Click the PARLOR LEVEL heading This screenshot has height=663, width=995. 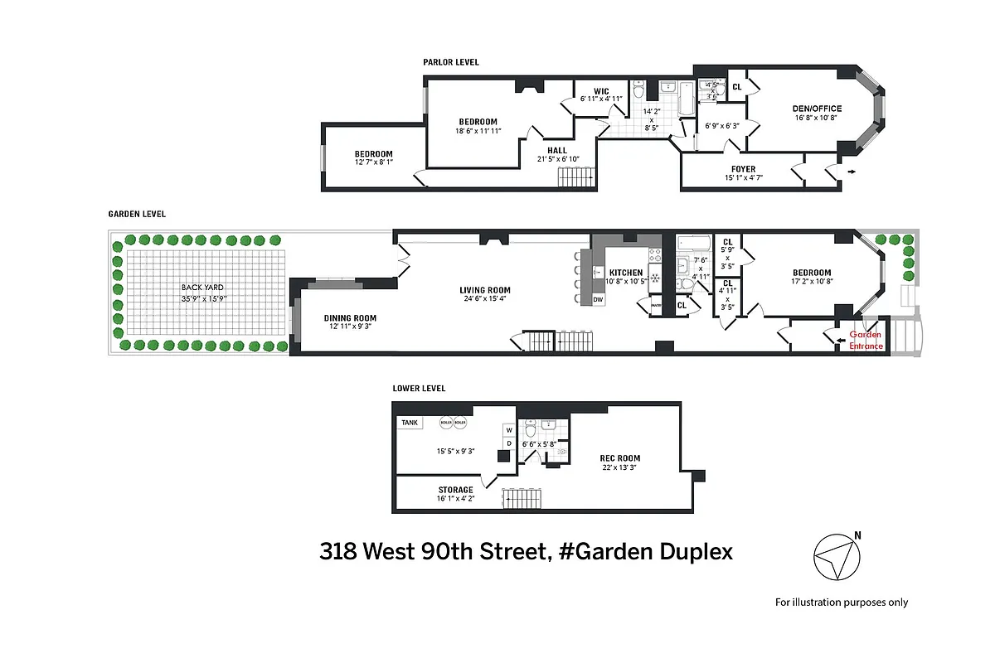click(450, 62)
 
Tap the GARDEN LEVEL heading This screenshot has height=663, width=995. click(137, 214)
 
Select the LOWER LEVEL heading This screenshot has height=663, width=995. click(419, 388)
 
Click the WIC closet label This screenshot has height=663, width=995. click(602, 90)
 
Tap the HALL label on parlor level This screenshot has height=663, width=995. click(557, 150)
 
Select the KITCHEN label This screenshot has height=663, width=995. click(626, 273)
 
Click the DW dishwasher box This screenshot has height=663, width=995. click(597, 299)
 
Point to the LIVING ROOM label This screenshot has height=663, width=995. click(484, 290)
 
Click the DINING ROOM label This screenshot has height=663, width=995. click(350, 318)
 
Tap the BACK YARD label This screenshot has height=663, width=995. click(203, 287)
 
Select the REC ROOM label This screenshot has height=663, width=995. click(620, 458)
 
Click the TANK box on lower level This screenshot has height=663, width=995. click(410, 423)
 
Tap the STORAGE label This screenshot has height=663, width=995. click(456, 490)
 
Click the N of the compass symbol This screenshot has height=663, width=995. click(857, 535)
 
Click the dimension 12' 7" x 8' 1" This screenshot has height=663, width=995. click(373, 163)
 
